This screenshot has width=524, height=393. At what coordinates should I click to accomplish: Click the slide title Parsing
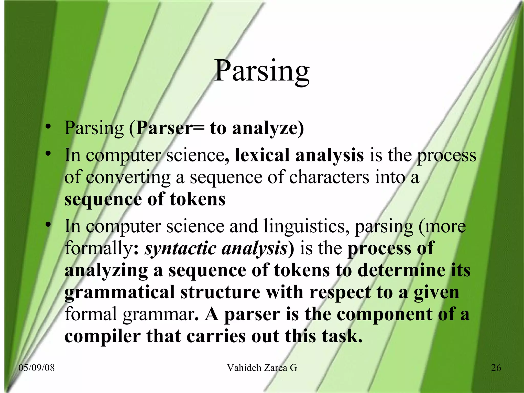(261, 71)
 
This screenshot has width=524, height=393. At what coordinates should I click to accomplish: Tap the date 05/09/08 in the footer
(37, 368)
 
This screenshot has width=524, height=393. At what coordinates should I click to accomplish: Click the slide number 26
(496, 368)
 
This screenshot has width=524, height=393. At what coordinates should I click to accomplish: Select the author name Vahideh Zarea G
(262, 368)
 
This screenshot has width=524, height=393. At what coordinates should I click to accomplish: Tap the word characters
(329, 177)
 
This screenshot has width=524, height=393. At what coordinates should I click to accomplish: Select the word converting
(128, 177)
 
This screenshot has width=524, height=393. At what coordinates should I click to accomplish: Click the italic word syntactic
(180, 248)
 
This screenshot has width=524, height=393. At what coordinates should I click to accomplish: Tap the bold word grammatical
(119, 292)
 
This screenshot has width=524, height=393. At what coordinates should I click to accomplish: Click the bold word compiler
(102, 336)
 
